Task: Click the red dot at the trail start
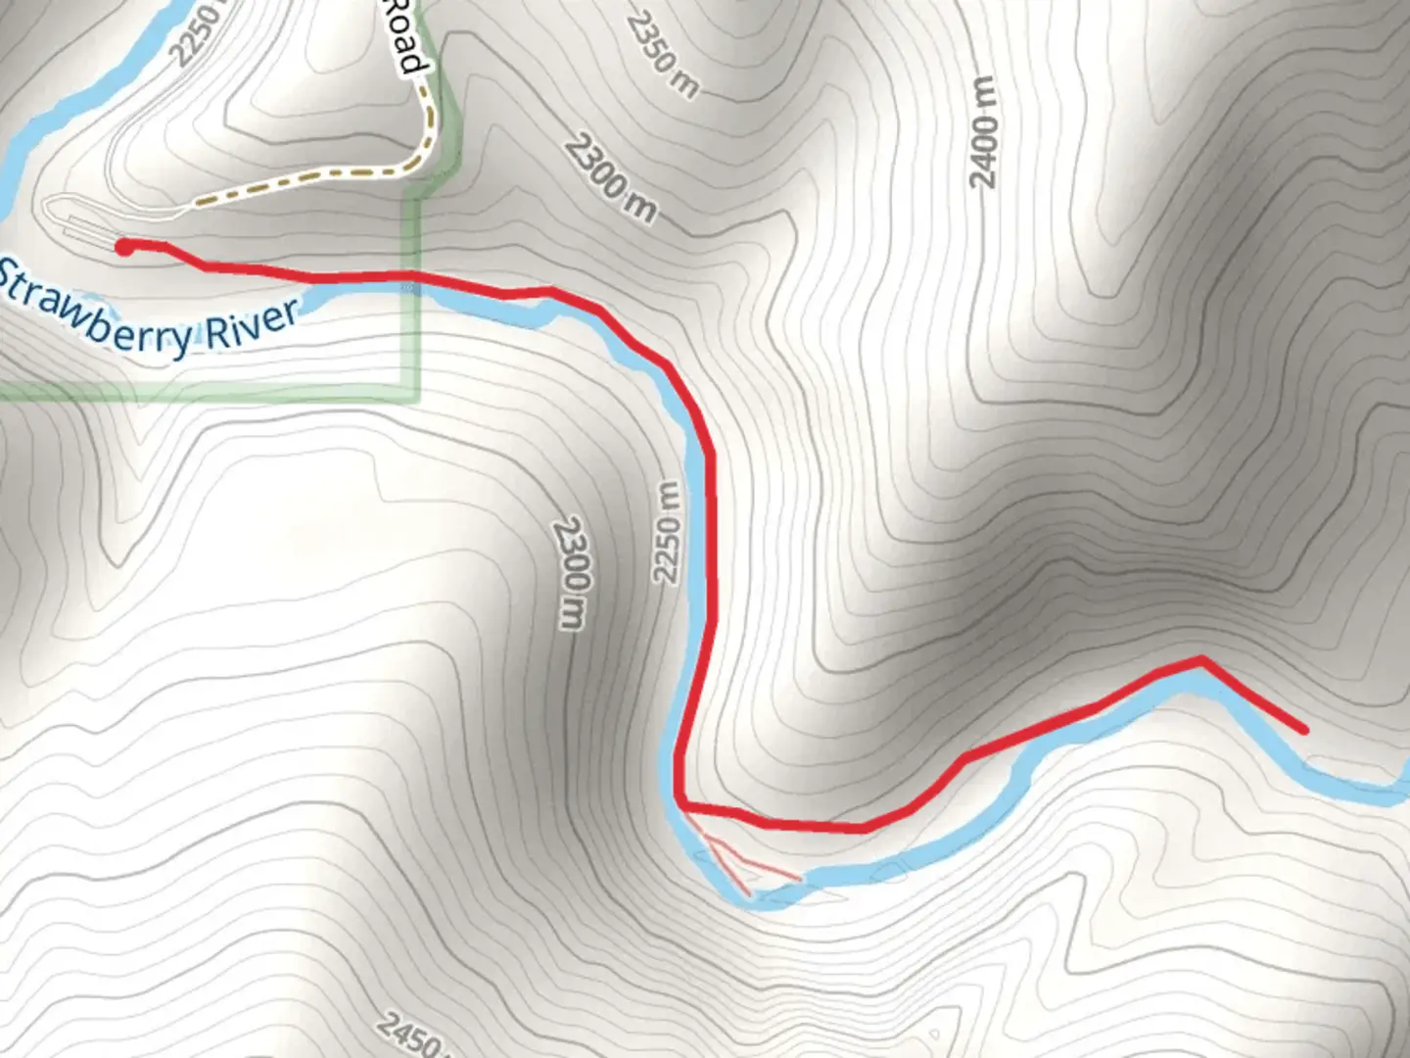coord(124,247)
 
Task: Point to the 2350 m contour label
coord(663,54)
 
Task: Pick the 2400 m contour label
coord(983,131)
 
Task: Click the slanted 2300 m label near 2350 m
coord(610,179)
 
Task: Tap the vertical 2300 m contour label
coord(571,573)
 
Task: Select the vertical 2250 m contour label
coord(668,533)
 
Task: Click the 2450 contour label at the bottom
coord(407,1034)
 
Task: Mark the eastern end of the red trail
coord(1304,730)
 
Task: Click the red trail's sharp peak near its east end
coord(1201,660)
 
